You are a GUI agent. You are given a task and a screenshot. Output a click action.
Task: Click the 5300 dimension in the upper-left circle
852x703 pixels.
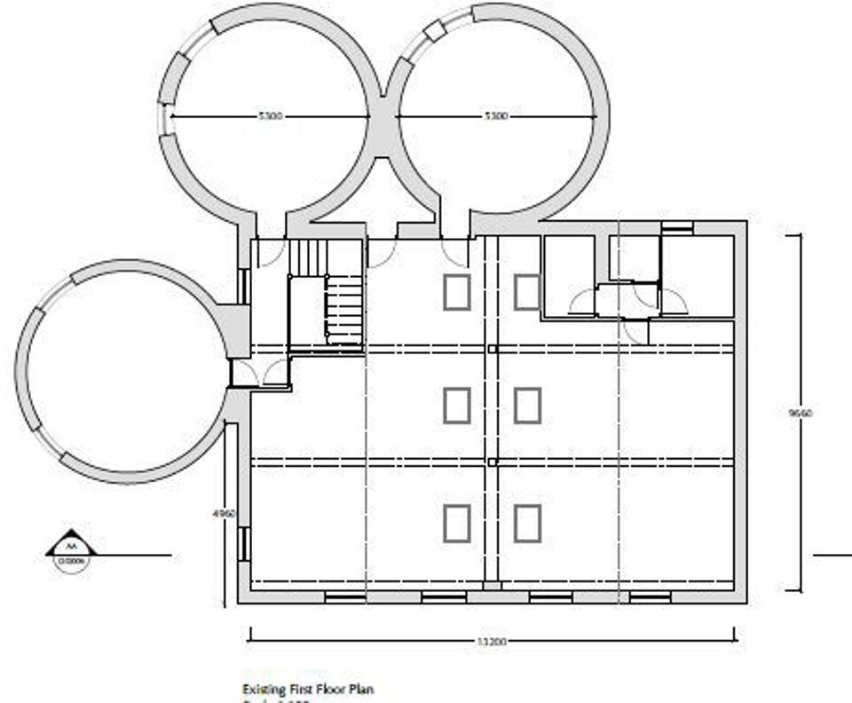(270, 115)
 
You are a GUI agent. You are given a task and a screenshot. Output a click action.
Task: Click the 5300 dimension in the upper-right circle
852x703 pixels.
(495, 115)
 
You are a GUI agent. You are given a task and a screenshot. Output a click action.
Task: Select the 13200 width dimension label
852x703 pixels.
(492, 640)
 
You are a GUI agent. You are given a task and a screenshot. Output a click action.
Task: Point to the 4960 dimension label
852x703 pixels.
(228, 513)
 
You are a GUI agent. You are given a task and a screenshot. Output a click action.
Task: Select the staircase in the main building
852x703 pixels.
(327, 293)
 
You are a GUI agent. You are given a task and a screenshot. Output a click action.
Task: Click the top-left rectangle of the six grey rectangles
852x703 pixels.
(456, 292)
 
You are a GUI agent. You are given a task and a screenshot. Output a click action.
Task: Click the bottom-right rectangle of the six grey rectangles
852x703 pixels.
(527, 523)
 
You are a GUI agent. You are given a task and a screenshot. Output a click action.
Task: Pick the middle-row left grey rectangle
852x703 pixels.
(456, 406)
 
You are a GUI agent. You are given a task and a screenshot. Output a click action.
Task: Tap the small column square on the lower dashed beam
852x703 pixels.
(492, 462)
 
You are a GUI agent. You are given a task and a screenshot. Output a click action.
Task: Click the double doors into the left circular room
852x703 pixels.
(258, 374)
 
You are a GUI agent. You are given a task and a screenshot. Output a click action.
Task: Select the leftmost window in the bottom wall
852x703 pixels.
(343, 597)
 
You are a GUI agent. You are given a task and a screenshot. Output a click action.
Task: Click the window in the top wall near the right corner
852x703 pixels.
(677, 228)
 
